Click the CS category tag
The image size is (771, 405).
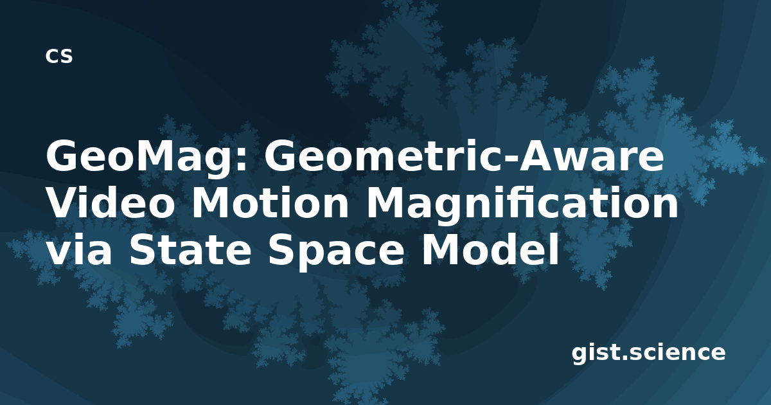coord(59,56)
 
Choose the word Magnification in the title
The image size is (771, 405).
coord(522,204)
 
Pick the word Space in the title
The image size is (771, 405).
coord(336,251)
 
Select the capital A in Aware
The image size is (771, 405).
coord(538,156)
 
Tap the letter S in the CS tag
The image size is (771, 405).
coord(66,56)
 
